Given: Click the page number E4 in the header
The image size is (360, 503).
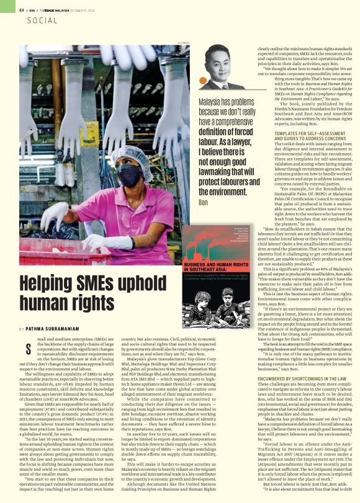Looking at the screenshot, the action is click(22, 10).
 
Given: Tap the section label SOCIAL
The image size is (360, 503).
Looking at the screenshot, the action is click(42, 20).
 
